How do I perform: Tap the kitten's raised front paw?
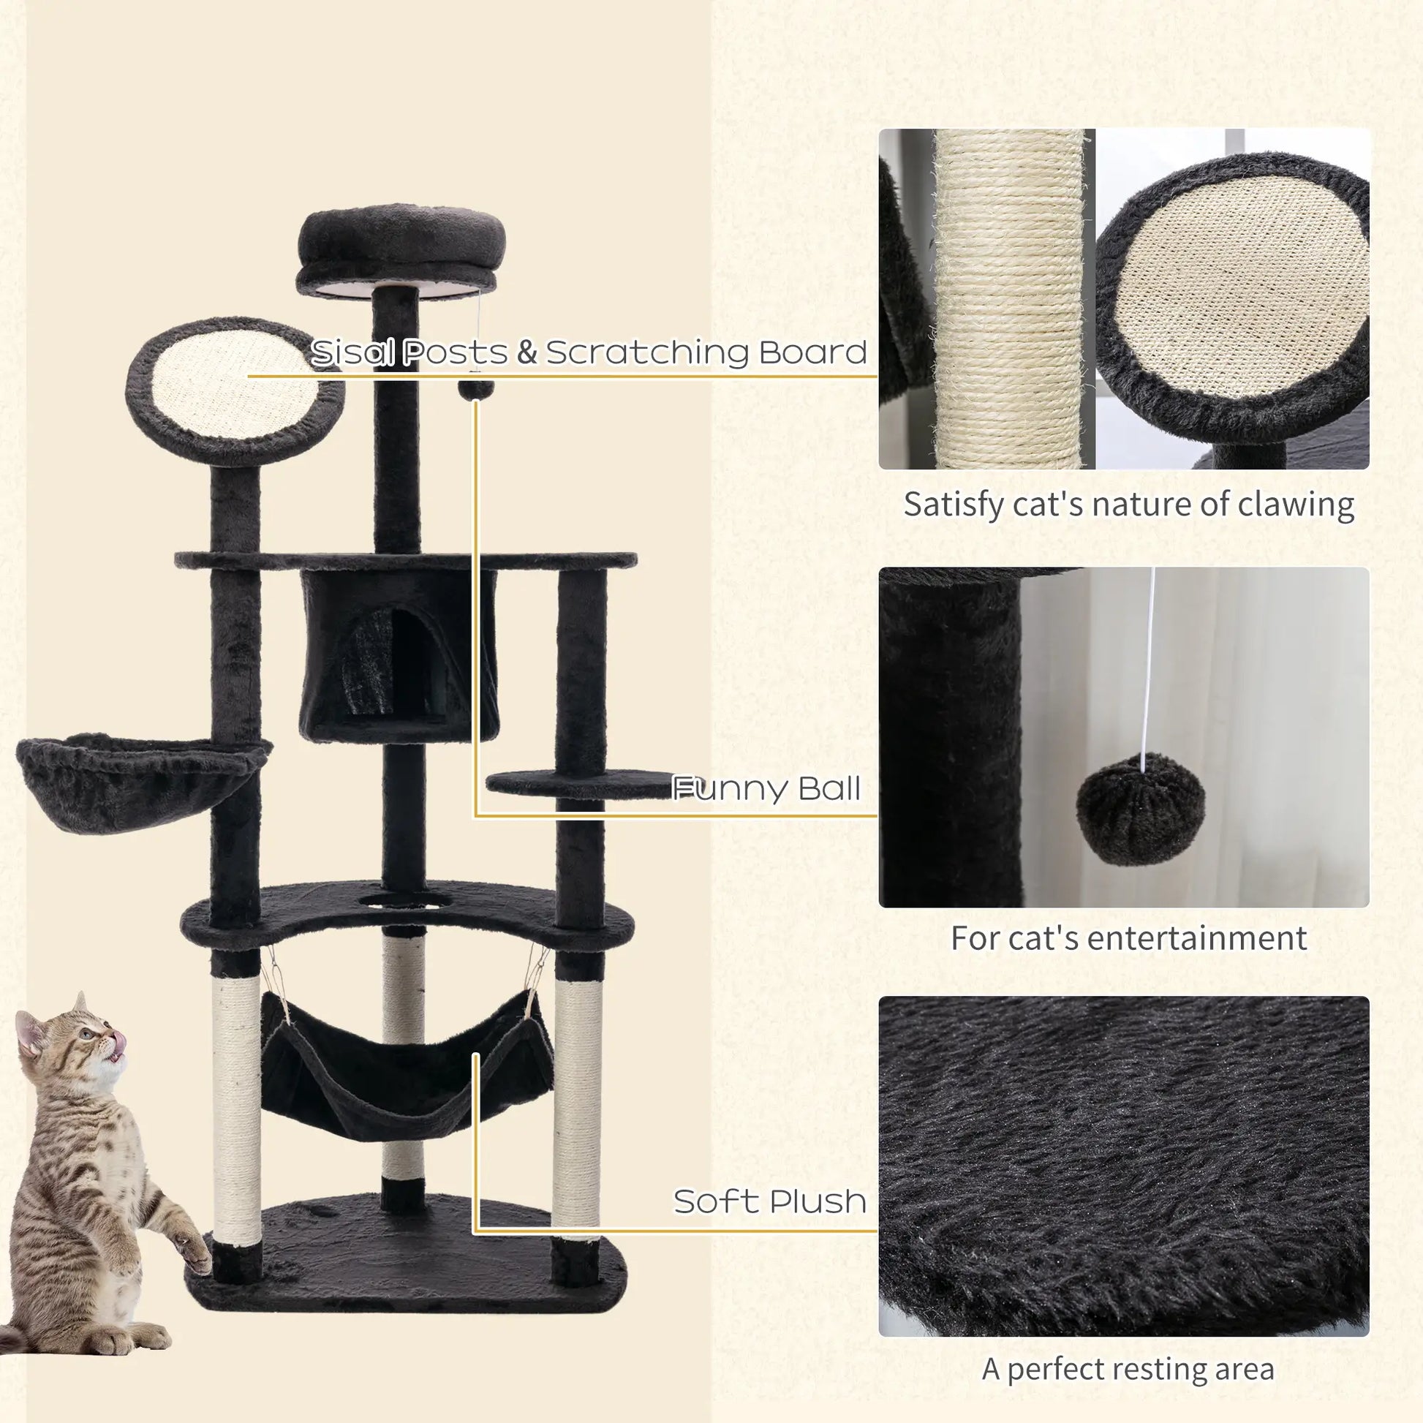[195, 1253]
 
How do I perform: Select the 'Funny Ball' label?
[766, 789]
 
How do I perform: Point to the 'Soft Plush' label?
[770, 1201]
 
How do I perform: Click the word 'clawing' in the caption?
[1296, 505]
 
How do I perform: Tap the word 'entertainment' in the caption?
[1196, 938]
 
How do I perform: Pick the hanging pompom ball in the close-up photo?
[1140, 808]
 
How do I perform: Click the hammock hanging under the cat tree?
[405, 1068]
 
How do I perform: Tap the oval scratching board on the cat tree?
[228, 390]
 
